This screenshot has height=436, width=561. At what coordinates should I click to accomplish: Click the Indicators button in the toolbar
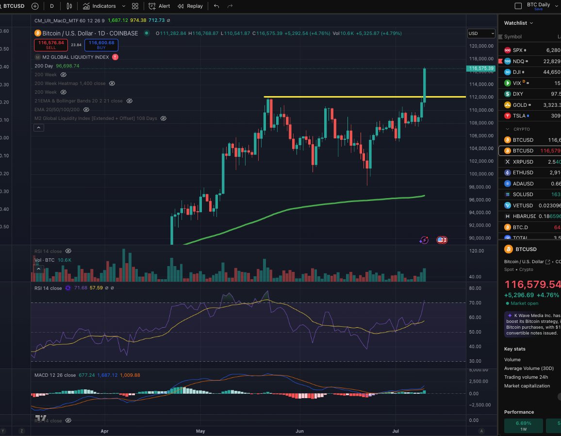pos(99,6)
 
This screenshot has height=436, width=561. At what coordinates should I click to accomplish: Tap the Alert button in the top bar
pos(160,6)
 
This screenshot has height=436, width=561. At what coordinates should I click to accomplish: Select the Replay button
pos(190,6)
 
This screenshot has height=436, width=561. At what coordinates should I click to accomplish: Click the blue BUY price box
pos(101,45)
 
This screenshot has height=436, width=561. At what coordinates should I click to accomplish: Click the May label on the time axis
pos(201,430)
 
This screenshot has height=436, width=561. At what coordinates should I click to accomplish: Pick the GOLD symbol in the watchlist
pos(519,105)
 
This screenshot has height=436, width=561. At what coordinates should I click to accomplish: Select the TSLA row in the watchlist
pos(518,116)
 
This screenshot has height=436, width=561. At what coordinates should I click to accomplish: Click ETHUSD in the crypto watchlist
pos(523,172)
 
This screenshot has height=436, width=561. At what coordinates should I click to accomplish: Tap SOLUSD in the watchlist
pos(523,194)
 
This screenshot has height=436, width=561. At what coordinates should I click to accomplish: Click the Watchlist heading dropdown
pos(518,23)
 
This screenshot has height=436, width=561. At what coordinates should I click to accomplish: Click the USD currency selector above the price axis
pos(480,34)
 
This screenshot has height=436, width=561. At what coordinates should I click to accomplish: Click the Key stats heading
pos(514,349)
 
